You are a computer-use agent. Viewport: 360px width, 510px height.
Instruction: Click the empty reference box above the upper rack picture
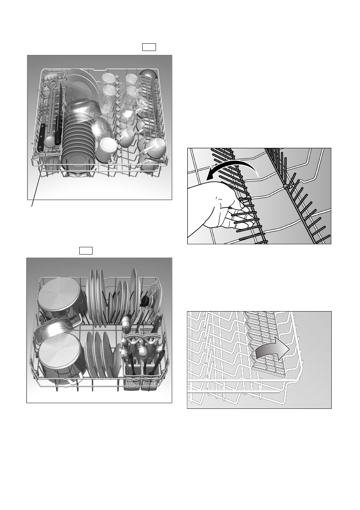tap(149, 47)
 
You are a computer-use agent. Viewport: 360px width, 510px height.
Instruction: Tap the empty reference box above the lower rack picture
tap(86, 250)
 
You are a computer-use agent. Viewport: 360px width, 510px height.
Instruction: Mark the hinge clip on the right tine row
tap(285, 186)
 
